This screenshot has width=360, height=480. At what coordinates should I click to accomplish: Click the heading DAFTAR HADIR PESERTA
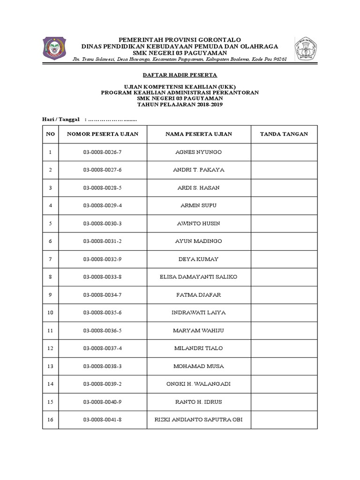pyautogui.click(x=180, y=75)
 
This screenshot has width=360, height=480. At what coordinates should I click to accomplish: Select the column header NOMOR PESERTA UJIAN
pyautogui.click(x=103, y=134)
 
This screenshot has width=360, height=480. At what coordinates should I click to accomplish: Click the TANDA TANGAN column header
pyautogui.click(x=284, y=134)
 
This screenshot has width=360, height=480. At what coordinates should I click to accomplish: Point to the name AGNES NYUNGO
pyautogui.click(x=198, y=152)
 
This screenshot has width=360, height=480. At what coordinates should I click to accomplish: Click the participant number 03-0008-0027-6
pyautogui.click(x=103, y=170)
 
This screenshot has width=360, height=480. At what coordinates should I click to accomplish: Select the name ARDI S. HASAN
pyautogui.click(x=198, y=188)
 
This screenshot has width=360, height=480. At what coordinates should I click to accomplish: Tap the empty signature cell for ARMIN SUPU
pyautogui.click(x=284, y=205)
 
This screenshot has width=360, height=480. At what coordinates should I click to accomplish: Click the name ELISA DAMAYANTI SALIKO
pyautogui.click(x=198, y=277)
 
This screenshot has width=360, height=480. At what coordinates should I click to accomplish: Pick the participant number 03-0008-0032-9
pyautogui.click(x=103, y=259)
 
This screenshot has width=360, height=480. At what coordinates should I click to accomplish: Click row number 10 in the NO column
pyautogui.click(x=51, y=313)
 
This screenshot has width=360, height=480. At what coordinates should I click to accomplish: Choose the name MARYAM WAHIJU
pyautogui.click(x=198, y=330)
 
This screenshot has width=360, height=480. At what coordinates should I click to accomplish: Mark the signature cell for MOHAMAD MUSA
pyautogui.click(x=284, y=366)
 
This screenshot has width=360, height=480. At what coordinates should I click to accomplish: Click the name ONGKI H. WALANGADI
pyautogui.click(x=198, y=384)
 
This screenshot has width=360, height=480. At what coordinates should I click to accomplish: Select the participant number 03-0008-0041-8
pyautogui.click(x=103, y=420)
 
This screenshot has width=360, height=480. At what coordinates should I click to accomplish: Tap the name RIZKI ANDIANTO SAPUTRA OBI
pyautogui.click(x=198, y=420)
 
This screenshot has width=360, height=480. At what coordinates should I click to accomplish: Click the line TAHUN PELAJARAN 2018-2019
pyautogui.click(x=180, y=105)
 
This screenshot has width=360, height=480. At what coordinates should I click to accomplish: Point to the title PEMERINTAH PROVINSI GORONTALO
pyautogui.click(x=180, y=39)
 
